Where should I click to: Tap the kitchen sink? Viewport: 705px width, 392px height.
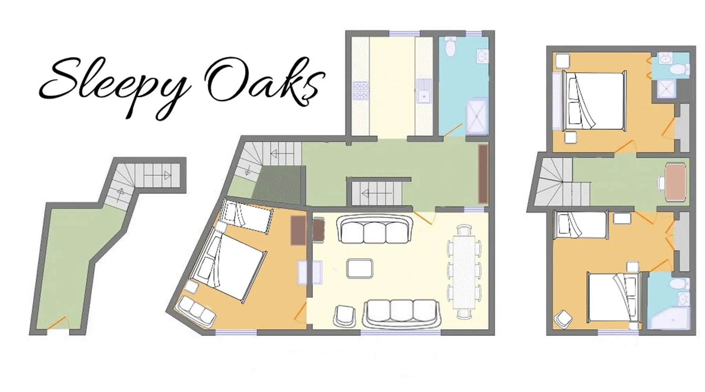click(x=423, y=90)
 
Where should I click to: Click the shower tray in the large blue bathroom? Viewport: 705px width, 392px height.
click(x=477, y=116)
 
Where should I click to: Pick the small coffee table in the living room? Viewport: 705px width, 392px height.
click(x=360, y=269)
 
